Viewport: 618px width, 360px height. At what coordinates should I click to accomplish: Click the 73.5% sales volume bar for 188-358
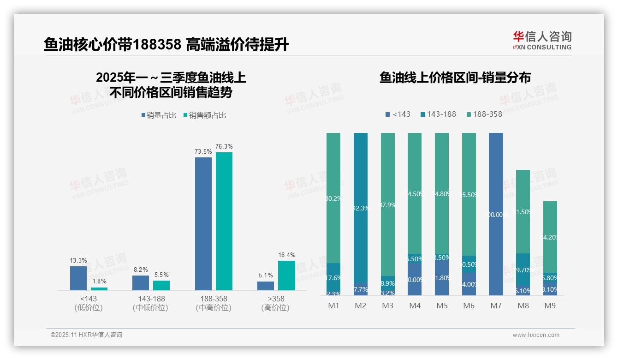[x=203, y=224]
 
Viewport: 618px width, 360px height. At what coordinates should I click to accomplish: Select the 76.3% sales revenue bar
[x=224, y=221]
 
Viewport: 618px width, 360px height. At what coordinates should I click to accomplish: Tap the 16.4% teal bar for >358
[x=286, y=276]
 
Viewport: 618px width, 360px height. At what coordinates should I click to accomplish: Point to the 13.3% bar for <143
[x=78, y=278]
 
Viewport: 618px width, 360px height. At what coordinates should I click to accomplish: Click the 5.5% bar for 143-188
[x=161, y=285]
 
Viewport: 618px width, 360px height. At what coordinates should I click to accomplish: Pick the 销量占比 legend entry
[x=159, y=115]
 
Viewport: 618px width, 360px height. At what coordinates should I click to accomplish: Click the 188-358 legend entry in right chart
[x=484, y=114]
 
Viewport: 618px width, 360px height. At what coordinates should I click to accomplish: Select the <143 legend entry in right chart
[x=398, y=114]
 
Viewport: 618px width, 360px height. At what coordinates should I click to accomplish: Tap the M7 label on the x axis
[x=496, y=306]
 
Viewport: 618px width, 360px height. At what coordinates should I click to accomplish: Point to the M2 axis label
[x=361, y=306]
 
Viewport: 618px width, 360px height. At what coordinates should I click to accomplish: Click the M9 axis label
[x=550, y=306]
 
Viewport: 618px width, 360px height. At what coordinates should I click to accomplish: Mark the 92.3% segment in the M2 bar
[x=361, y=208]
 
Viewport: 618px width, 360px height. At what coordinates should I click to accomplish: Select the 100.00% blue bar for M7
[x=496, y=214]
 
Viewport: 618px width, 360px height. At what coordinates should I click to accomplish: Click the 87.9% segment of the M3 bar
[x=388, y=204]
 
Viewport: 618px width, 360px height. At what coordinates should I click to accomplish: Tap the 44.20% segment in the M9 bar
[x=550, y=237]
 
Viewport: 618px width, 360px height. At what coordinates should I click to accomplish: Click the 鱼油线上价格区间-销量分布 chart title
[x=455, y=78]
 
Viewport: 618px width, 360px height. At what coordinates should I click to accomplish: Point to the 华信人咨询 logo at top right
[x=542, y=40]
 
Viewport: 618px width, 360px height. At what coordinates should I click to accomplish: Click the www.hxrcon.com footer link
[x=536, y=335]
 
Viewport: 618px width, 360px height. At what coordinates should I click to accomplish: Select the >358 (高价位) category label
[x=275, y=303]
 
